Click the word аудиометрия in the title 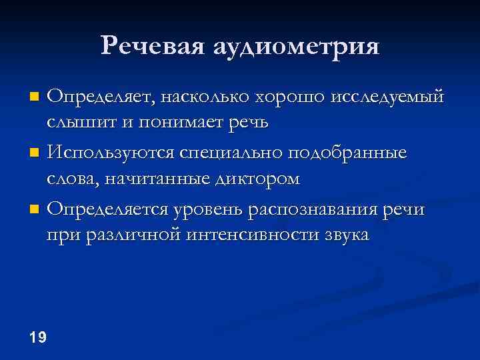[x=297, y=47]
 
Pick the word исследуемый [x=387, y=97]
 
